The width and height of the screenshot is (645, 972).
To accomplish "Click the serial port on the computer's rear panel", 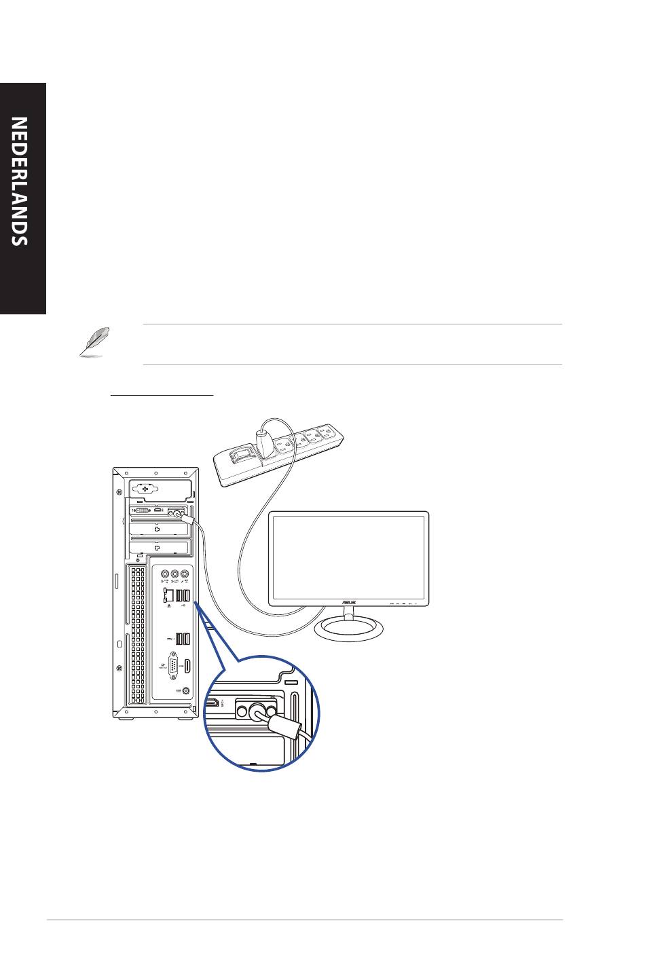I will (172, 666).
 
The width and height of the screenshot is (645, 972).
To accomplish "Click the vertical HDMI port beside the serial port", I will (187, 666).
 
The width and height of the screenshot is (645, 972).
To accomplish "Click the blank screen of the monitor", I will (348, 557).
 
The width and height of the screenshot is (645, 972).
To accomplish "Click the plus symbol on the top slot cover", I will (143, 488).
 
